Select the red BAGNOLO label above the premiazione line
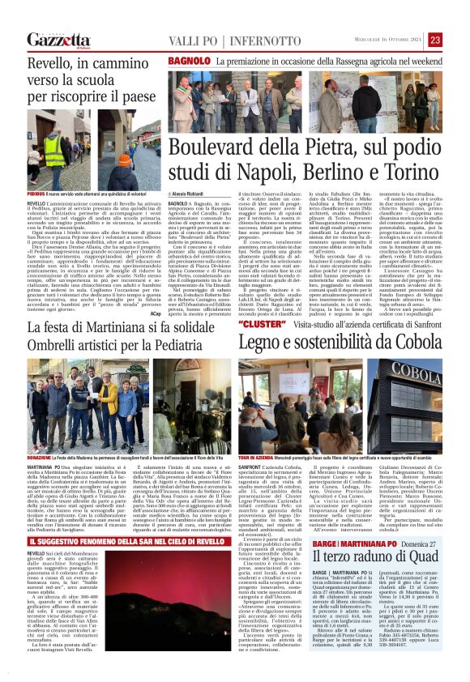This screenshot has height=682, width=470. click(186, 61)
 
